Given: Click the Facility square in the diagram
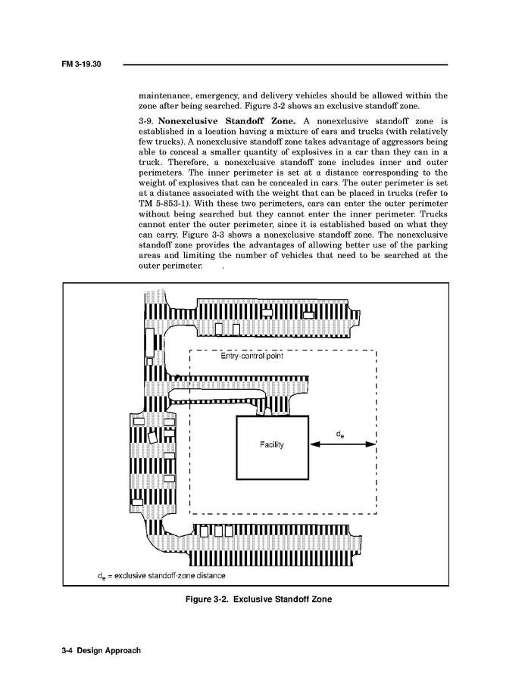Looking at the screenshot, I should (x=272, y=447).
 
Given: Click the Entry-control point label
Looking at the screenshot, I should (x=252, y=357).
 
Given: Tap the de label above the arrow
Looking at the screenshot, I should (x=341, y=434).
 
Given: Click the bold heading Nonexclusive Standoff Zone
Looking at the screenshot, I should (x=227, y=120).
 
